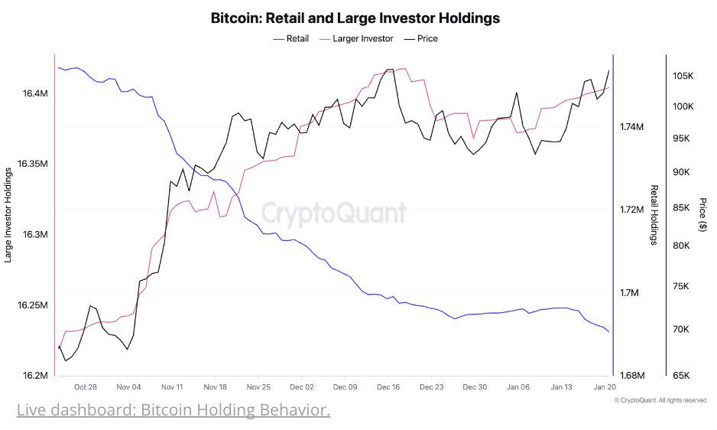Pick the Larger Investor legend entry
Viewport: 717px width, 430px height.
click(363, 38)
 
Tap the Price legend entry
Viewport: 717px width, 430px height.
click(427, 38)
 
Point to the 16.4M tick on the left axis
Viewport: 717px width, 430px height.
click(35, 93)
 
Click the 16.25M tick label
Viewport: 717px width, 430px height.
click(33, 305)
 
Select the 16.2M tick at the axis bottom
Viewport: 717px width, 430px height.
click(35, 376)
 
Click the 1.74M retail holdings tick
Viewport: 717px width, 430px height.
click(632, 126)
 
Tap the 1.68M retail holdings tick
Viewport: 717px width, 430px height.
click(632, 376)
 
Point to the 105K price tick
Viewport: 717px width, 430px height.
click(683, 76)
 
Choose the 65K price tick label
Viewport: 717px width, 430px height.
click(680, 376)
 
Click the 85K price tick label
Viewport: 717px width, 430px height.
click(680, 207)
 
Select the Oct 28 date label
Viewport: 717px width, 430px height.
click(86, 388)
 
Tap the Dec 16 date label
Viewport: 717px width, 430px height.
click(388, 388)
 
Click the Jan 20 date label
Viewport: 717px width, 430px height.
click(605, 388)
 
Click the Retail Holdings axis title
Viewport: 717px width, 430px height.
click(654, 215)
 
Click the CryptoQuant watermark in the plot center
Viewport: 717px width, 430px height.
click(335, 213)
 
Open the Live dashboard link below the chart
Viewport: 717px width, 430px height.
click(174, 411)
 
